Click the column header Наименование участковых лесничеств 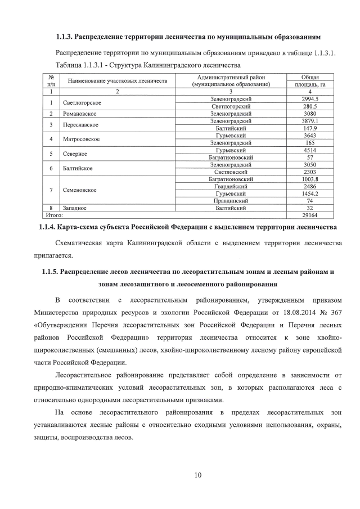[118, 81]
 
